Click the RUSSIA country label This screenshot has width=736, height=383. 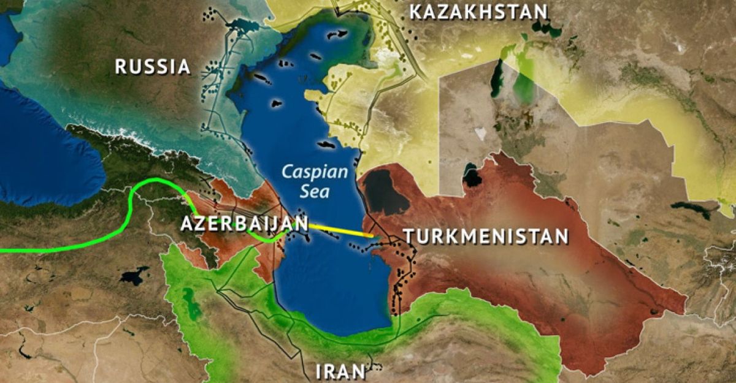(x=153, y=66)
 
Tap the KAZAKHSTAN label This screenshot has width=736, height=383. (x=478, y=12)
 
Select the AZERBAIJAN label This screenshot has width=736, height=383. (x=243, y=224)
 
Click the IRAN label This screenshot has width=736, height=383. (x=340, y=371)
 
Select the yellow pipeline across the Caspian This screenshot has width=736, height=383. (x=340, y=230)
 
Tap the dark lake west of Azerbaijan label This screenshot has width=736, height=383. (x=135, y=275)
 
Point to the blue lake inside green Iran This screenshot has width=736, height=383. (x=191, y=300)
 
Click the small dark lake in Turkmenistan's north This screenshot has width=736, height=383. (x=472, y=175)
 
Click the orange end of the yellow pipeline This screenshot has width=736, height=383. (x=369, y=235)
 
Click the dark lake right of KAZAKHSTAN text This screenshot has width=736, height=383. (x=542, y=26)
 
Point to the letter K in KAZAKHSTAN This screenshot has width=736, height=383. (x=415, y=12)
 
